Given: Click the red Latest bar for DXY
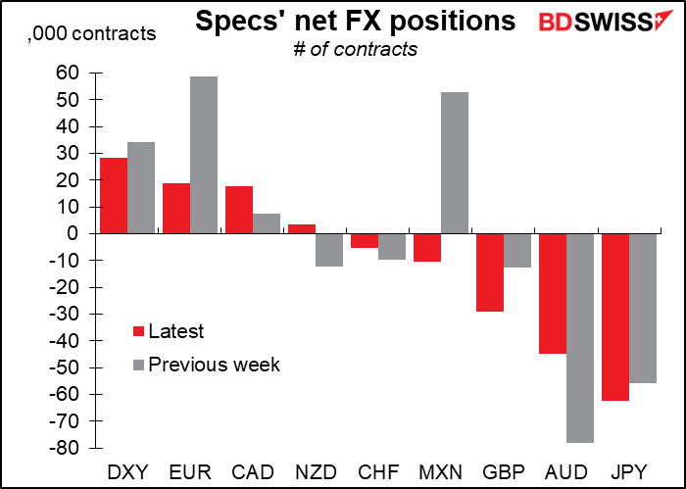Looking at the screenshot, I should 113,196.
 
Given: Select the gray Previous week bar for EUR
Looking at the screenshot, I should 204,155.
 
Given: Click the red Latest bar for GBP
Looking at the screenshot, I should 490,272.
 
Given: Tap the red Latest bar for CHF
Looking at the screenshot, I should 365,241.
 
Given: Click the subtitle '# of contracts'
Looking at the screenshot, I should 355,48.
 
